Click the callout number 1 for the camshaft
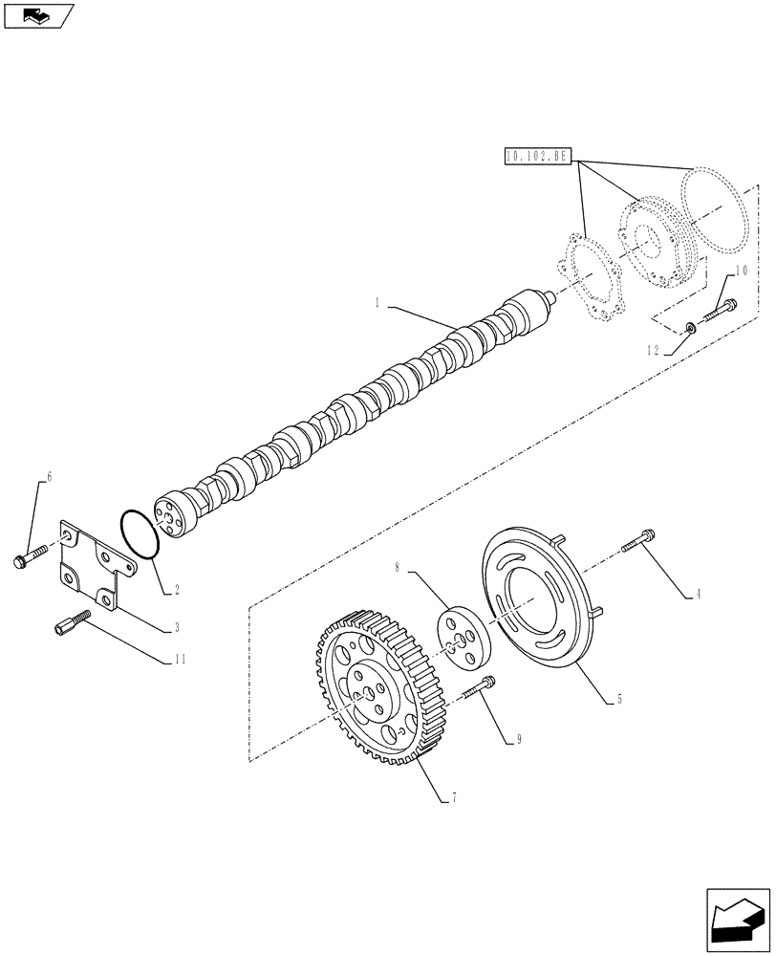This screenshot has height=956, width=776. tap(379, 303)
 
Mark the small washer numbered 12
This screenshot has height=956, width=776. tap(689, 329)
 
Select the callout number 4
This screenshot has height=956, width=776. tap(698, 595)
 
